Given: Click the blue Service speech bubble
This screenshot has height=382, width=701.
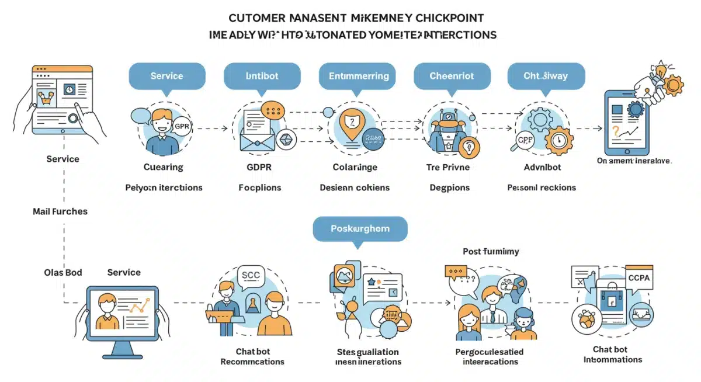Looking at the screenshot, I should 166,76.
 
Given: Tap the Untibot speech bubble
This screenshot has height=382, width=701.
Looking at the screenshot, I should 262,76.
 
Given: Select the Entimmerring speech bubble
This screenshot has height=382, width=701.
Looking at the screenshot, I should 358,76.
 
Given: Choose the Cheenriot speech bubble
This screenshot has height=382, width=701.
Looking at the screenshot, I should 452,76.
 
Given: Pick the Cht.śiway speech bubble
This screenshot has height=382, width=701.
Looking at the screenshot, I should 546,76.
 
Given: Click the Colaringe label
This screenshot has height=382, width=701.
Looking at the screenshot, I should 355,167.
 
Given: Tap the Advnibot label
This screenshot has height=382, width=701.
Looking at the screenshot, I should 542,167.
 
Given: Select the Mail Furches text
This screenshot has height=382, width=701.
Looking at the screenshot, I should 60,211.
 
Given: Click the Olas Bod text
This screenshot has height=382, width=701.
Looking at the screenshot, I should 63,272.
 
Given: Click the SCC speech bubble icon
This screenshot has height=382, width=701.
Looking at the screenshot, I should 251,276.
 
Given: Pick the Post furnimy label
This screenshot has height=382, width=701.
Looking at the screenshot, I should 491,251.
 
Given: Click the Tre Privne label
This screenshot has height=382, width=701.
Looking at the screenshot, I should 449,167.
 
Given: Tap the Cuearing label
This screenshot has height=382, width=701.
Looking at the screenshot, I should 163,167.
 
